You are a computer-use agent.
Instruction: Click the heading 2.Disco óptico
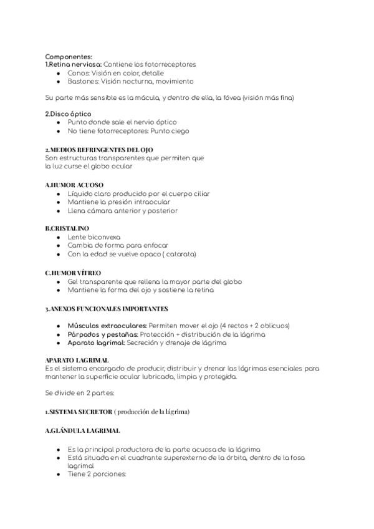(x=69, y=114)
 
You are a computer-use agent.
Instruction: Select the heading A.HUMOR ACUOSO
(x=74, y=185)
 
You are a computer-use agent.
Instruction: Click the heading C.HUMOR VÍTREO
(x=73, y=273)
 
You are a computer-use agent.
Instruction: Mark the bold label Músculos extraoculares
(x=107, y=326)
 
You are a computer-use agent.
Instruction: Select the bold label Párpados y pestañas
(x=103, y=334)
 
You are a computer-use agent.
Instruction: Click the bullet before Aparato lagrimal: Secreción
(x=58, y=342)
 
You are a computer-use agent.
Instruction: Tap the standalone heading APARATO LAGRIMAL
(x=77, y=360)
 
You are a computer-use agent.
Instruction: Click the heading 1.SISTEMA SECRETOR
(x=79, y=412)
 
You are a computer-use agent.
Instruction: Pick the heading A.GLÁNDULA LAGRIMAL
(x=83, y=430)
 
